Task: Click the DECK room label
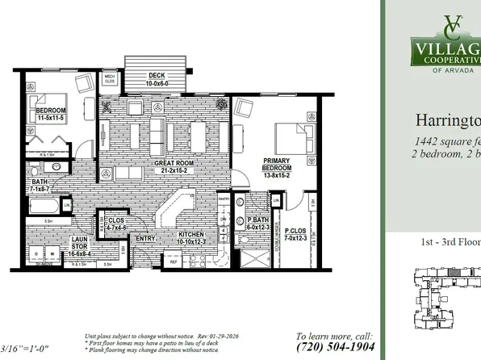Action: pyautogui.click(x=157, y=76)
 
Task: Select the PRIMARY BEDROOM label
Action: pyautogui.click(x=275, y=165)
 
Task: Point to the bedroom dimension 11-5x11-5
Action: pyautogui.click(x=49, y=118)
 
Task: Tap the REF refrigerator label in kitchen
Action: pyautogui.click(x=174, y=262)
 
